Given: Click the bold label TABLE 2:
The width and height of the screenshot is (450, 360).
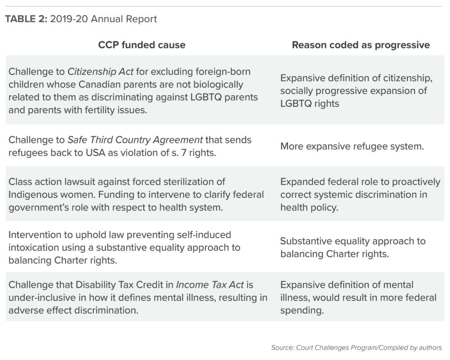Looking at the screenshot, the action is coord(26,19).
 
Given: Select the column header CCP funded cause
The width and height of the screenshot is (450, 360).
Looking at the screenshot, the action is coord(142,45).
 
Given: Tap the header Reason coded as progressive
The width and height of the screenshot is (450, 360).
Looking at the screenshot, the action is coord(361,45).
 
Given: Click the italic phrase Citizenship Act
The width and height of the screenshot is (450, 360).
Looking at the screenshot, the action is coord(100,72).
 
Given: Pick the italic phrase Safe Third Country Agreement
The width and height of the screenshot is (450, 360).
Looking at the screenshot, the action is coord(135,140).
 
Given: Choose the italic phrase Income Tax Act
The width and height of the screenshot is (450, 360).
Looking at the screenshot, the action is coord(210,285).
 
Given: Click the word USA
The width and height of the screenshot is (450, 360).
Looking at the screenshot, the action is coord(95,153).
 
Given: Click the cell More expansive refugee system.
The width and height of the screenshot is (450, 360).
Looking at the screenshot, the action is coord(352,146).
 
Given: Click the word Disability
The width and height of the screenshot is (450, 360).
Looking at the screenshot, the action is coord(95,285).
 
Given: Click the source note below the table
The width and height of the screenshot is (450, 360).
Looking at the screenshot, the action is coord(356,348).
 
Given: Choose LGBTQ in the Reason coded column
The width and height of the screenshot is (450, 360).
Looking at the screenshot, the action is coord(296,103).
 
